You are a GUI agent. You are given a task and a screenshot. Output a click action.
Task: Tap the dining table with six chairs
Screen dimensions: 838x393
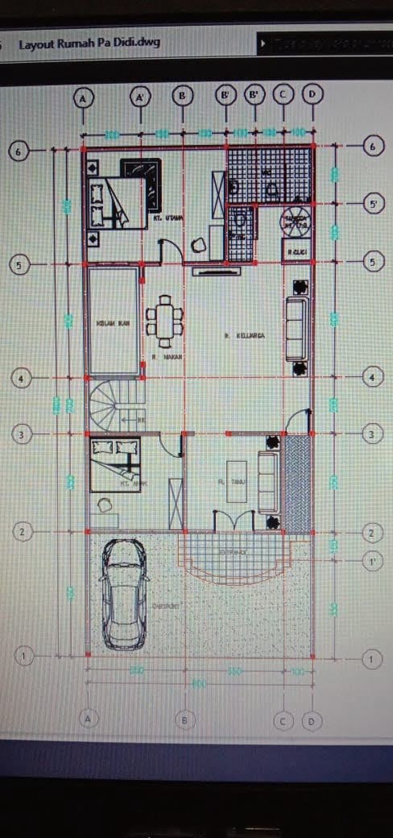pyautogui.click(x=165, y=321)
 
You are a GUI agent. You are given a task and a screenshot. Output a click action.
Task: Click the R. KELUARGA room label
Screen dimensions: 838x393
pyautogui.click(x=245, y=335)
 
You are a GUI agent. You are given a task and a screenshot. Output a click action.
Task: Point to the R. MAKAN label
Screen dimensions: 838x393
pyautogui.click(x=167, y=357)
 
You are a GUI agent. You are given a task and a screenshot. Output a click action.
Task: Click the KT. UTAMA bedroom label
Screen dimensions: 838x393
pyautogui.click(x=168, y=218)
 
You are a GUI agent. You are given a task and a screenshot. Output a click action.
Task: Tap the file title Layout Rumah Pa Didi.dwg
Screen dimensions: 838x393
pyautogui.click(x=89, y=43)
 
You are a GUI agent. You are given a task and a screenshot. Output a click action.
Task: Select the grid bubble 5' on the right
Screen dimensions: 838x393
pyautogui.click(x=373, y=204)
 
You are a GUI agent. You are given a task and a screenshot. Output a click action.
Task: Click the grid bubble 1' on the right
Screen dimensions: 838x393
pyautogui.click(x=372, y=561)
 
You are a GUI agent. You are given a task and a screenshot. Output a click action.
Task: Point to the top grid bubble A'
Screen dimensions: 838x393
pyautogui.click(x=140, y=97)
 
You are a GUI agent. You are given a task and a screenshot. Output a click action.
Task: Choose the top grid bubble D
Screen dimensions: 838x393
pyautogui.click(x=312, y=94)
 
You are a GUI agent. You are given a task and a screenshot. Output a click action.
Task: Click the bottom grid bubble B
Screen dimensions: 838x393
pyautogui.click(x=184, y=720)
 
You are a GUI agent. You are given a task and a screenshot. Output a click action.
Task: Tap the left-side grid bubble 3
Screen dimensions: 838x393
pyautogui.click(x=21, y=435)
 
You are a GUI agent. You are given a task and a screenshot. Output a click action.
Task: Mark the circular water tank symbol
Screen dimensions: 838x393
pyautogui.click(x=296, y=221)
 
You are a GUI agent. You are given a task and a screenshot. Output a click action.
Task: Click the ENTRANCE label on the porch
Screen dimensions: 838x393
pyautogui.click(x=233, y=552)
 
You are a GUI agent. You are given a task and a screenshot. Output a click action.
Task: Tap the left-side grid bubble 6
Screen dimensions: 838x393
pyautogui.click(x=18, y=152)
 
